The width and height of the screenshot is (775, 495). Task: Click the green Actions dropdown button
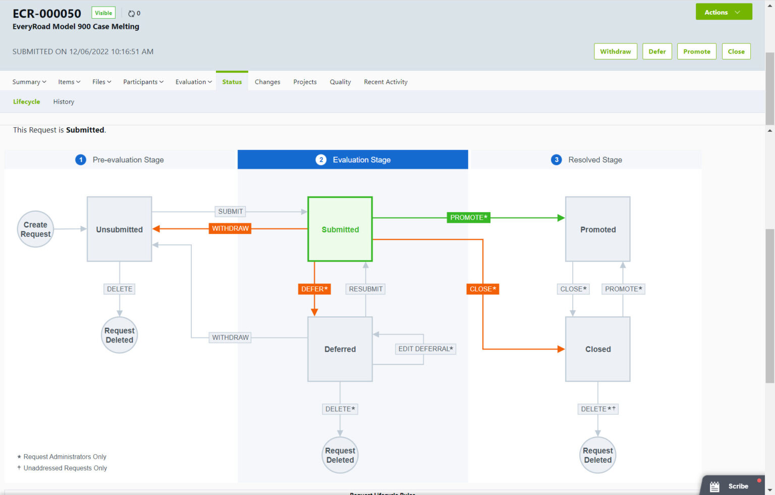(723, 12)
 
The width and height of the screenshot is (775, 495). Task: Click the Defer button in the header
(657, 52)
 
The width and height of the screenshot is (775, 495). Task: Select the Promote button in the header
(696, 52)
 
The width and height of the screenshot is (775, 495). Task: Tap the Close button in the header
(736, 52)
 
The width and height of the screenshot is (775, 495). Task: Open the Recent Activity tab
(385, 82)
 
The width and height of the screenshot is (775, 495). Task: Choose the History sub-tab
(64, 102)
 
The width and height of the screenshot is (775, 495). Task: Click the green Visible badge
(103, 13)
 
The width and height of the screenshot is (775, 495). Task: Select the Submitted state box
(340, 229)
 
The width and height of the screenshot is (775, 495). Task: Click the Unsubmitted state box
(120, 229)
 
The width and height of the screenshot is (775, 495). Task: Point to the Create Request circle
(35, 229)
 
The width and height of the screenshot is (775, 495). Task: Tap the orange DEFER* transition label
(314, 289)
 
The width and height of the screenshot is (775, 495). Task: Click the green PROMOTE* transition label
(468, 218)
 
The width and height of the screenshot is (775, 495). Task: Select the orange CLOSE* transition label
(483, 289)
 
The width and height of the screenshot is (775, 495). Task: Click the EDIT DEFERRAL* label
(425, 349)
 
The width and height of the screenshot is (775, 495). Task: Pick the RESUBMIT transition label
(366, 289)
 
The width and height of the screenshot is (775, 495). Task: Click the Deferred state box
(340, 349)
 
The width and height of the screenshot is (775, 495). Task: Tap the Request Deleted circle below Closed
(598, 455)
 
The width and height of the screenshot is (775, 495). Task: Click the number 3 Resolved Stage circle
(557, 160)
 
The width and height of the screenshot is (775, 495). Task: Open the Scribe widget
(732, 486)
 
